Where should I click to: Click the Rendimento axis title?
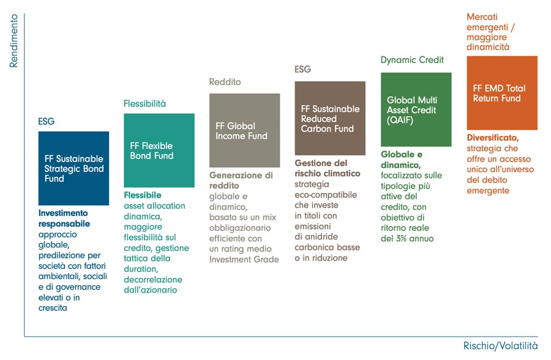pyautogui.click(x=13, y=41)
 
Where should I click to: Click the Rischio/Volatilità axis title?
pyautogui.click(x=500, y=345)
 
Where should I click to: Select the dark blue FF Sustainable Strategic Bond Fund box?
pyautogui.click(x=74, y=168)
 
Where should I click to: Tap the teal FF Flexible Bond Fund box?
pyautogui.click(x=159, y=151)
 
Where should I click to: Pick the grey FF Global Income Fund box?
pyautogui.click(x=244, y=130)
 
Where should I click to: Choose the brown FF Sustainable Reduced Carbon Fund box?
pyautogui.click(x=330, y=118)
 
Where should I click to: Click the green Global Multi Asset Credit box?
pyautogui.click(x=416, y=110)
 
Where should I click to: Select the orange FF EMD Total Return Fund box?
pyautogui.click(x=502, y=93)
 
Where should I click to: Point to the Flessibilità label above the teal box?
pyautogui.click(x=144, y=103)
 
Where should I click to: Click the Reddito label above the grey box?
pyautogui.click(x=225, y=82)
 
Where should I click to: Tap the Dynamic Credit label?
pyautogui.click(x=412, y=60)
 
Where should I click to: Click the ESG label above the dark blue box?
pyautogui.click(x=47, y=122)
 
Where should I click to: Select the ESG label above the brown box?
pyautogui.click(x=303, y=69)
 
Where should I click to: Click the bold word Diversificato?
pyautogui.click(x=493, y=138)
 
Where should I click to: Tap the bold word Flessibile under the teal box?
pyautogui.click(x=143, y=195)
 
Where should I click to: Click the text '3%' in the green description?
pyautogui.click(x=402, y=239)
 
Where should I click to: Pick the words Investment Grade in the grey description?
pyautogui.click(x=244, y=260)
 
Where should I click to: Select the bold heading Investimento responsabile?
pyautogui.click(x=64, y=219)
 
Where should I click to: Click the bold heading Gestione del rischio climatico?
pyautogui.click(x=328, y=168)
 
